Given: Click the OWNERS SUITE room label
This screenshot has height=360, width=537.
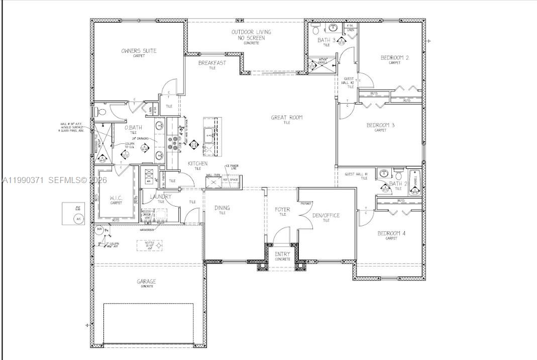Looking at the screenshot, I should [x=139, y=51].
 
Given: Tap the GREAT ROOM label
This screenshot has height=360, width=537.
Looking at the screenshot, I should [x=287, y=118].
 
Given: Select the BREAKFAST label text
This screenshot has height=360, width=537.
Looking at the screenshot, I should [x=212, y=63].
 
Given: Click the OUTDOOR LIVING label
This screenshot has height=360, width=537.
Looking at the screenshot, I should [x=251, y=35].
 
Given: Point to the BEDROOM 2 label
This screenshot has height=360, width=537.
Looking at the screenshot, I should [x=394, y=58].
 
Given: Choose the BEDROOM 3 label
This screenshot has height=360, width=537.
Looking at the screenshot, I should [x=380, y=125].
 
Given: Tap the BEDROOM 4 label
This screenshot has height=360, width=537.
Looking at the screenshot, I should [x=391, y=233].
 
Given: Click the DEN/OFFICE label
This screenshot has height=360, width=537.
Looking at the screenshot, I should [x=326, y=215].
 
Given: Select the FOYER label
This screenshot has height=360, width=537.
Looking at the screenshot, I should [x=282, y=209].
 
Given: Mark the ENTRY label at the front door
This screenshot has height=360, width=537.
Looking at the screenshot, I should [x=282, y=254].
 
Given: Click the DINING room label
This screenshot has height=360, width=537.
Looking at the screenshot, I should [x=222, y=208].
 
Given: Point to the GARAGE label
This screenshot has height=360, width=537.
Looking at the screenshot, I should [x=146, y=282].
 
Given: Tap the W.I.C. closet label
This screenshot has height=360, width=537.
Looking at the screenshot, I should [x=116, y=198].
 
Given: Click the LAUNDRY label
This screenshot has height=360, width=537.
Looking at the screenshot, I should [x=160, y=197].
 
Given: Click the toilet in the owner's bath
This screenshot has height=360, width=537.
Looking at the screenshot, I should [x=98, y=111].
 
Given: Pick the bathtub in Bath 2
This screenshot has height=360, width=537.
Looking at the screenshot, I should [x=415, y=183].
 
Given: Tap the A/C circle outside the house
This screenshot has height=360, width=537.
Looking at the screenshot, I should [x=78, y=219].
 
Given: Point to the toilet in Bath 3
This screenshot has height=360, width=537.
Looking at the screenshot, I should [x=316, y=26].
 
